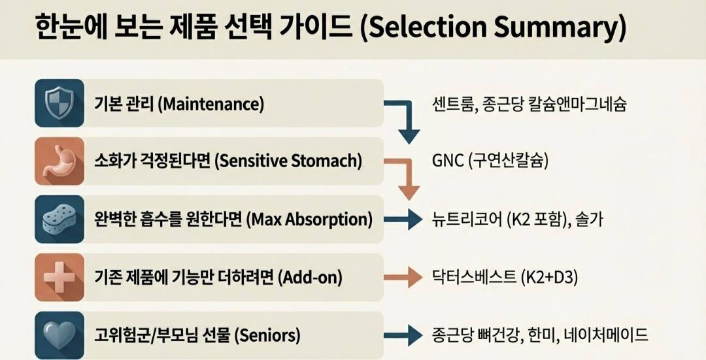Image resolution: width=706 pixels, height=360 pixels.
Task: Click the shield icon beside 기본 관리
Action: click(59, 103)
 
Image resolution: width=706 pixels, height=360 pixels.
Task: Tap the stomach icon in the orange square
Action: click(59, 161)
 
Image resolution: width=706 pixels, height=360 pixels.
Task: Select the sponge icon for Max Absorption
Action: click(59, 220)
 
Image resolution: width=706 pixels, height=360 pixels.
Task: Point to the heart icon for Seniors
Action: click(59, 335)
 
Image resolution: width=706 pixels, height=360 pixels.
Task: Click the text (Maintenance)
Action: click(210, 104)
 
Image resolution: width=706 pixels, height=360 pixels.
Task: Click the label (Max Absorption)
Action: click(309, 220)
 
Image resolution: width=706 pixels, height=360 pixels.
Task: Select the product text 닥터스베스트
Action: click(473, 278)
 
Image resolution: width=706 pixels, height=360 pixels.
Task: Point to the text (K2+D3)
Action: click(550, 278)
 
